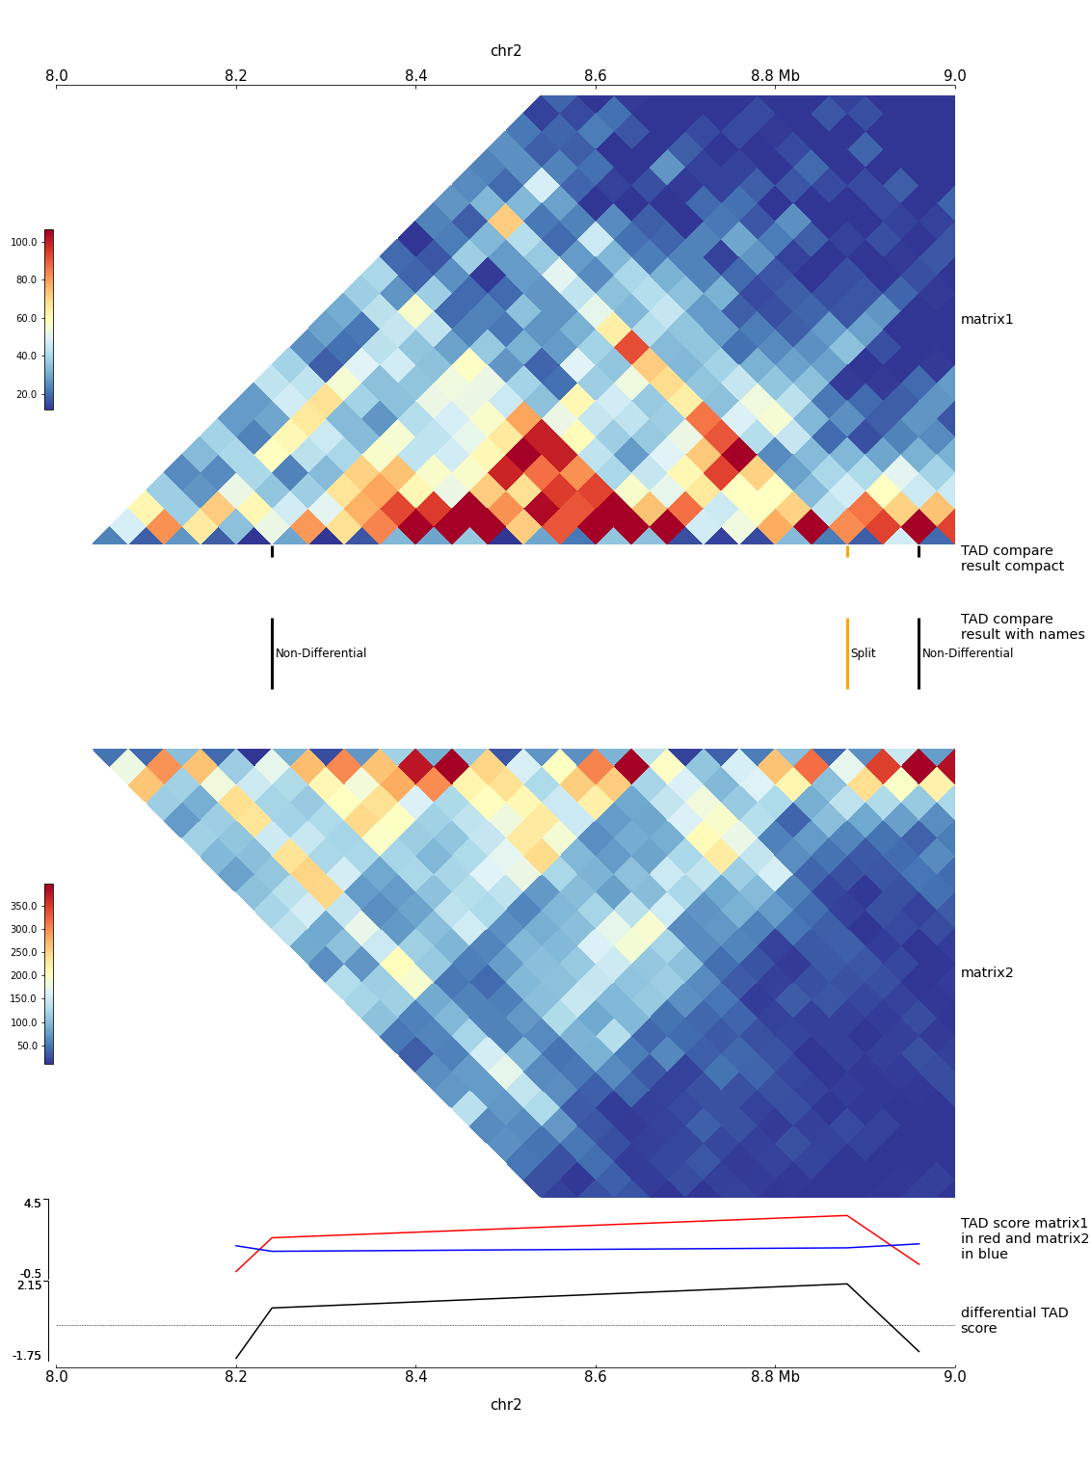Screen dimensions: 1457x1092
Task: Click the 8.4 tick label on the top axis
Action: (415, 76)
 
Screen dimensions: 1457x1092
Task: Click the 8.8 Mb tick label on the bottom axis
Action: (775, 1377)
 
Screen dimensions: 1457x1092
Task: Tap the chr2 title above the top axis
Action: (506, 51)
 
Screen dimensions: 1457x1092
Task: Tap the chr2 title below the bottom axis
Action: (506, 1405)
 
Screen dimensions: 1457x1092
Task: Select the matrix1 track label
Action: (987, 320)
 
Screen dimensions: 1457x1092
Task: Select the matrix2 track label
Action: (987, 973)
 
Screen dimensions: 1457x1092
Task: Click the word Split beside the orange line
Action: (863, 653)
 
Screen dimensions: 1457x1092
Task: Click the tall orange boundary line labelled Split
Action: (847, 653)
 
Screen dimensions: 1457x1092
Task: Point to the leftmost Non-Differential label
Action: (321, 653)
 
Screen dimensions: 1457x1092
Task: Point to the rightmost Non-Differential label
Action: (968, 653)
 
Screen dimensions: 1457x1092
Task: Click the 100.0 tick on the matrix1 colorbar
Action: (23, 243)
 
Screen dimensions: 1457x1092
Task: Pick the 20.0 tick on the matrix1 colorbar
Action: (25, 394)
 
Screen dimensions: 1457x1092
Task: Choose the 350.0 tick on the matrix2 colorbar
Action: (23, 907)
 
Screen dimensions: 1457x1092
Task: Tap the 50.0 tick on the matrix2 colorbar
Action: (26, 1046)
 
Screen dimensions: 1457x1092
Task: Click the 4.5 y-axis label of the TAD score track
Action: (33, 1203)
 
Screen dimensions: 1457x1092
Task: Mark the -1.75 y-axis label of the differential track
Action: (27, 1356)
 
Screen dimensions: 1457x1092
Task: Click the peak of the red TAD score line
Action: (846, 1216)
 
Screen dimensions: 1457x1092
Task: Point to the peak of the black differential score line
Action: (846, 1284)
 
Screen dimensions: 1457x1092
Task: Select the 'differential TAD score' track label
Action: (1014, 1320)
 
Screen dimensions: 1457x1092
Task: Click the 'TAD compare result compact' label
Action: (1012, 559)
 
